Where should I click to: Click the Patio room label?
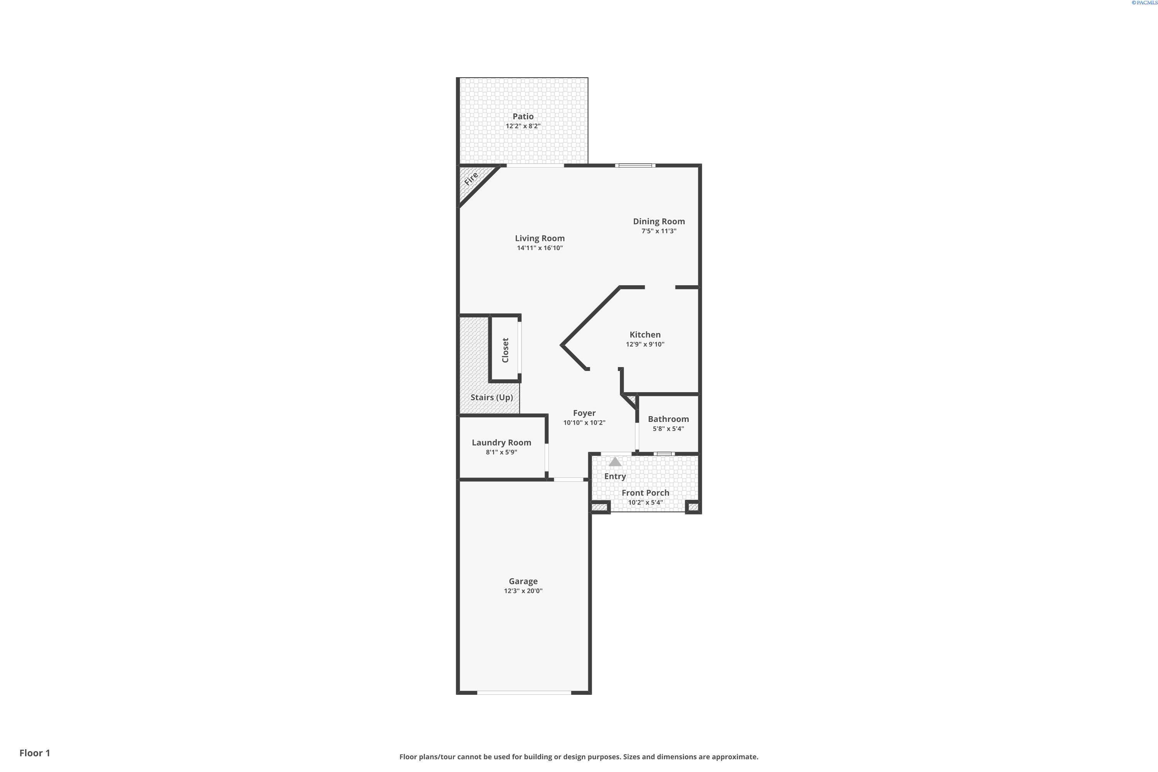[523, 116]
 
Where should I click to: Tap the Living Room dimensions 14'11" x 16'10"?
[540, 248]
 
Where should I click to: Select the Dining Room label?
[659, 222]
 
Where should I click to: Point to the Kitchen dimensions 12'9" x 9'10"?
[645, 345]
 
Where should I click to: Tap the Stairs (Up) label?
[491, 397]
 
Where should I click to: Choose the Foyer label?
[584, 413]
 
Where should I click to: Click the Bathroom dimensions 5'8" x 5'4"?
[668, 429]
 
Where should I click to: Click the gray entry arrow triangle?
[615, 462]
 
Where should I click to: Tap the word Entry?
[615, 476]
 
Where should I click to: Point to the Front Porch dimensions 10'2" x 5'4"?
[645, 503]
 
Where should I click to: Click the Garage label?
[523, 581]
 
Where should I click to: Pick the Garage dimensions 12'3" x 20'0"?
[523, 591]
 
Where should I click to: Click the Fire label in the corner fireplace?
[471, 178]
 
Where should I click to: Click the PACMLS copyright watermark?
[1144, 2]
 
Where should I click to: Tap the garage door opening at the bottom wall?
[524, 692]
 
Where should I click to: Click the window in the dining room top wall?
[635, 166]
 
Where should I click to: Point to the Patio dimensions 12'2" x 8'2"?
[523, 126]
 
